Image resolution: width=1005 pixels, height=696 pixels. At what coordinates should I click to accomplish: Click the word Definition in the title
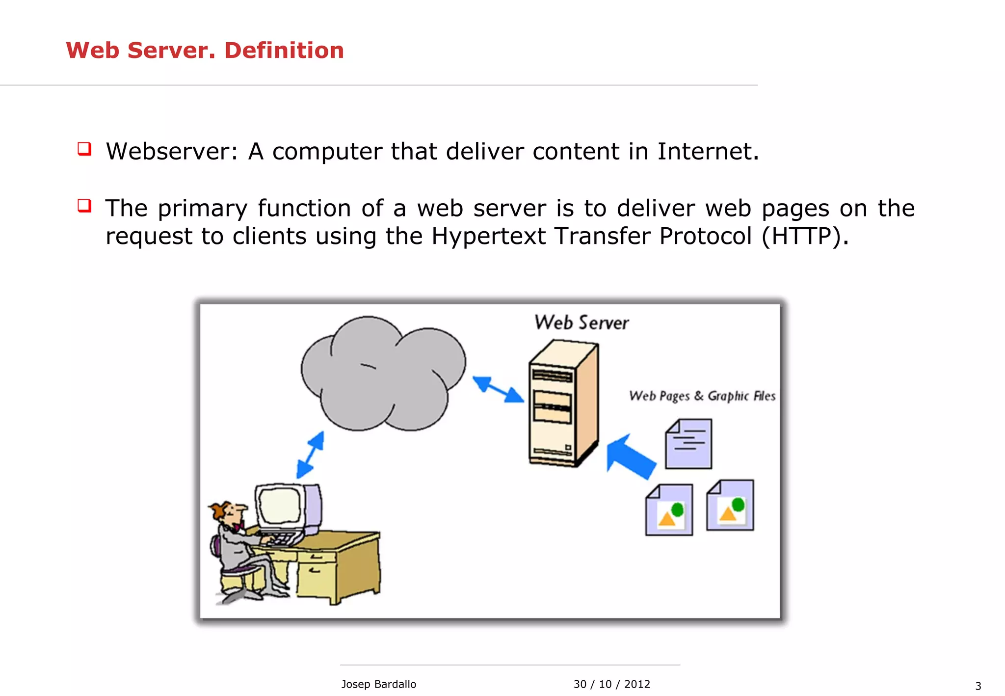tap(284, 51)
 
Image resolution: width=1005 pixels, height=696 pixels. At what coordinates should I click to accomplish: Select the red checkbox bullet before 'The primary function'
tap(84, 205)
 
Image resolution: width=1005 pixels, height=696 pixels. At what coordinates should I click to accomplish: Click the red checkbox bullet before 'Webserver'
tap(84, 148)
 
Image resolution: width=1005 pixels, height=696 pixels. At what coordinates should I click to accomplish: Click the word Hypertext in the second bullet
tap(488, 237)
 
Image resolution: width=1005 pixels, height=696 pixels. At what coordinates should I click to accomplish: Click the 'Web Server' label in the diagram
tap(582, 323)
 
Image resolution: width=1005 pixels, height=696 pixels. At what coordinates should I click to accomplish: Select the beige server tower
tap(563, 405)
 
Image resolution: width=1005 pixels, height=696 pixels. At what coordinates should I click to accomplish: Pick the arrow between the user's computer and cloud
tap(310, 455)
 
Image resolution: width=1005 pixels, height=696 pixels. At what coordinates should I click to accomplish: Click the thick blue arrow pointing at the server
tap(631, 457)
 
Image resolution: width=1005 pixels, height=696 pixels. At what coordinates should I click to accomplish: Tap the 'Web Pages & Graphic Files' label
tap(702, 396)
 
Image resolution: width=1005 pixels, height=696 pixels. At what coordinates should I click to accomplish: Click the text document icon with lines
tap(688, 444)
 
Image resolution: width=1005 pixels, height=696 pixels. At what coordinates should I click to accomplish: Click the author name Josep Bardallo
tap(378, 684)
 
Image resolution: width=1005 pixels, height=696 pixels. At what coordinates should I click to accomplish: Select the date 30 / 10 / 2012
tap(611, 684)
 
